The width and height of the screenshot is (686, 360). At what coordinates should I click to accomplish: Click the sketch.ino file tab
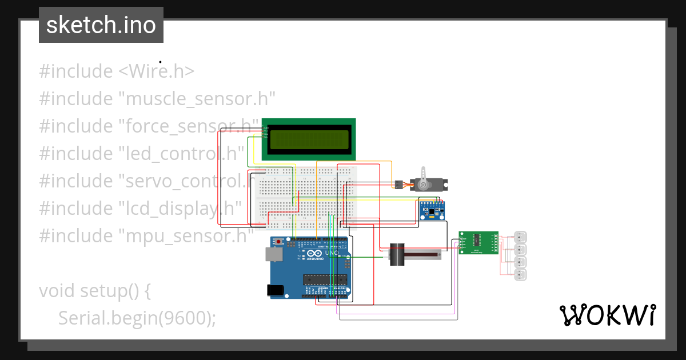click(x=101, y=25)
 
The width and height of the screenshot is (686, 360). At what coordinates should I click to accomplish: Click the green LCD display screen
click(x=309, y=139)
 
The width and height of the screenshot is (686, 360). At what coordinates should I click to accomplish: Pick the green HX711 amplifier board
click(x=478, y=243)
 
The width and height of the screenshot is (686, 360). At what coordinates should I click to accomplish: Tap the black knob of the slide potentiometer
click(x=396, y=254)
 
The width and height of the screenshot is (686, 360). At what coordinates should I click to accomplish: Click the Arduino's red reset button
click(x=278, y=242)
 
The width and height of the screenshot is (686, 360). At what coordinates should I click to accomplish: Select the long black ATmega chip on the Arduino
click(x=325, y=279)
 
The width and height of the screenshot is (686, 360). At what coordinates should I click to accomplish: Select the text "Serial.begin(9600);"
click(x=137, y=318)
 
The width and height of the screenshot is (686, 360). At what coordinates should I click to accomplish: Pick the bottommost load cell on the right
click(x=520, y=275)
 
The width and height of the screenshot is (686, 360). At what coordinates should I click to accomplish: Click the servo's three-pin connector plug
click(x=396, y=185)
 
